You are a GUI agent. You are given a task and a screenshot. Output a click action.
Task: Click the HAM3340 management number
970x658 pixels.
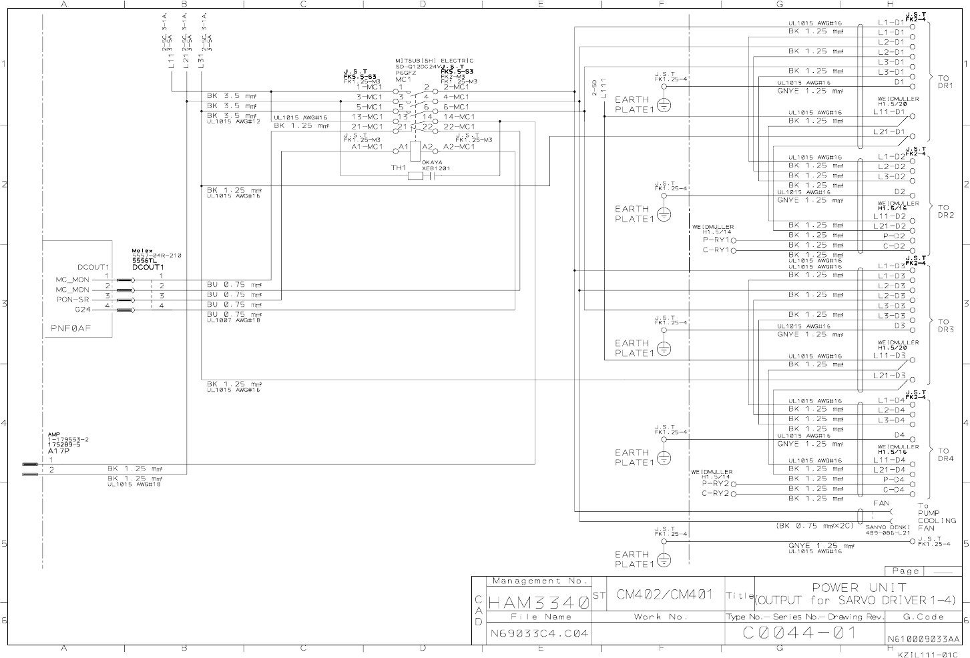coord(539,602)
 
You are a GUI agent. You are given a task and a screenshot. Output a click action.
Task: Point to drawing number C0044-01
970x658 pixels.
coord(799,633)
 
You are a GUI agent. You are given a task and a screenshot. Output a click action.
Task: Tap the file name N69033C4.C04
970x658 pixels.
coord(539,633)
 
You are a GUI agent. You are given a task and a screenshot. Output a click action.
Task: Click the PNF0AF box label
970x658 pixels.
coord(71,328)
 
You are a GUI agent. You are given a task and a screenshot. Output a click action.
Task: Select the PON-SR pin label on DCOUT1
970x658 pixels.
coord(73,300)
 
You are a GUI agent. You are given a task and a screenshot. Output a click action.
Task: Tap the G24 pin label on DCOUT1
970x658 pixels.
coord(82,310)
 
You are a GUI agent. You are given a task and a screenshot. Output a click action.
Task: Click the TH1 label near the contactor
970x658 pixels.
coord(399,168)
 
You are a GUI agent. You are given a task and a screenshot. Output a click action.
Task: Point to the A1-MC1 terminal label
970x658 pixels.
coord(367,147)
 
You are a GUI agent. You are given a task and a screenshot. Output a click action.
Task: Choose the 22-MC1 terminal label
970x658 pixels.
coord(459,127)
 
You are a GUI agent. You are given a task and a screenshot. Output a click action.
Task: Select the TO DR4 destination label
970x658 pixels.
coord(945,455)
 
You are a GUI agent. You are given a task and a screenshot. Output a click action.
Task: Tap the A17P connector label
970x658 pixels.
coord(59,450)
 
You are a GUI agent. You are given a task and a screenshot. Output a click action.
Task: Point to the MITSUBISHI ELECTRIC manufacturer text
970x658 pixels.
coord(434,61)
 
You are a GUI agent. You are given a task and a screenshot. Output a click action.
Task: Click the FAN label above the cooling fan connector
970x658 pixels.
coord(881,503)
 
